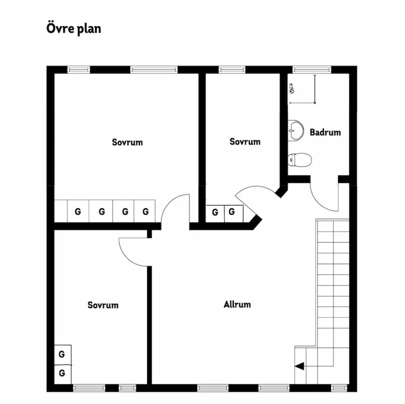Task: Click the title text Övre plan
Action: (74, 29)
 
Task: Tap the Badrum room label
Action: (325, 132)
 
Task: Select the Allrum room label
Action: (237, 304)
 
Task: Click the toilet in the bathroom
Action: (300, 160)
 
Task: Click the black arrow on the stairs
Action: (300, 366)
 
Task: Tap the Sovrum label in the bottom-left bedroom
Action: (103, 305)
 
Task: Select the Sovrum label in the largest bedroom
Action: (127, 142)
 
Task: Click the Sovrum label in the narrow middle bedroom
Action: (245, 142)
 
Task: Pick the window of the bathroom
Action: (311, 69)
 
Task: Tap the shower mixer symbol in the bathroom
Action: (292, 88)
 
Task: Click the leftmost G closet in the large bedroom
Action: (78, 211)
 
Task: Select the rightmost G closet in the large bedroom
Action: (145, 211)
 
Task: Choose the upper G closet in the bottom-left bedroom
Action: (62, 354)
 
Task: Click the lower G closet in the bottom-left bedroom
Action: (62, 373)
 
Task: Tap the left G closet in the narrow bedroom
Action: (215, 212)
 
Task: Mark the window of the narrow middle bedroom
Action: (232, 69)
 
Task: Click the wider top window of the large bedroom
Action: (154, 69)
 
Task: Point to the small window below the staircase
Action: (337, 388)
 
